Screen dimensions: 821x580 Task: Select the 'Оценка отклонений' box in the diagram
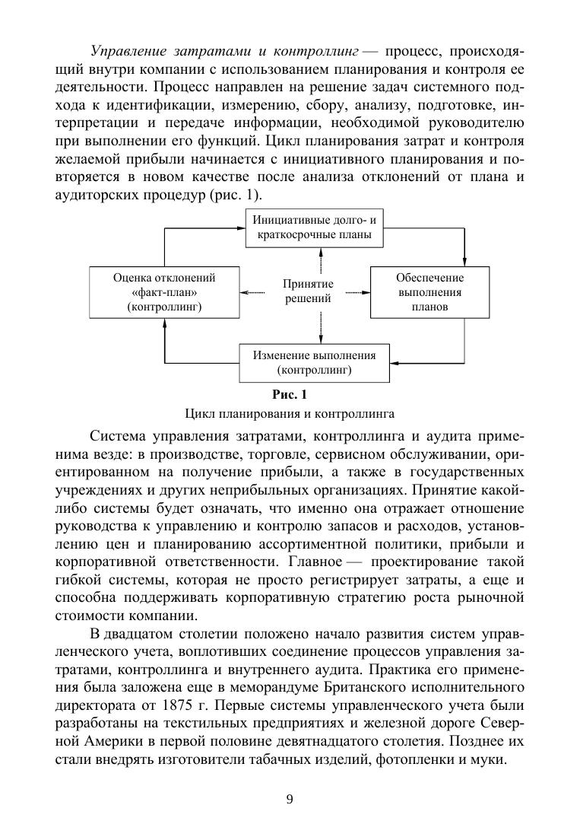pos(164,292)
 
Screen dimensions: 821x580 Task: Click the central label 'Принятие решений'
pos(308,291)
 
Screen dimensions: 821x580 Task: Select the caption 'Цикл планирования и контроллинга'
pos(289,415)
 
